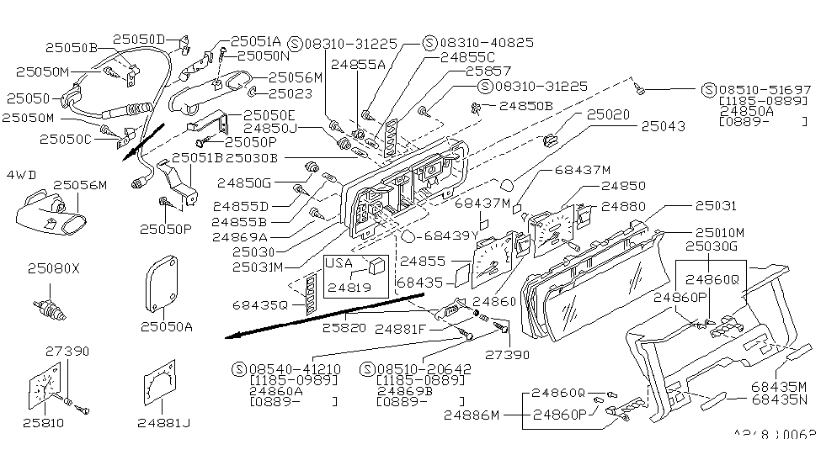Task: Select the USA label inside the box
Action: coord(339,262)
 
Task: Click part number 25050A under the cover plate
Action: coord(166,325)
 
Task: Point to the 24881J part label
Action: coord(163,422)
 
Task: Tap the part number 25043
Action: coord(663,125)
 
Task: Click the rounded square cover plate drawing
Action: coord(166,285)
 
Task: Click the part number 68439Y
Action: coord(452,235)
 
